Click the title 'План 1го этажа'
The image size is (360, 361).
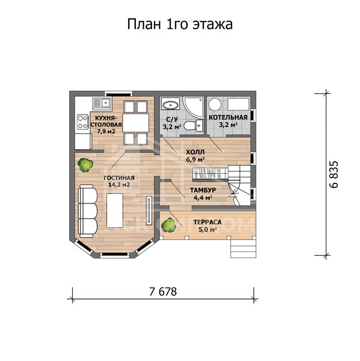[x=180, y=24]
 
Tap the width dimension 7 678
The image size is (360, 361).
[x=162, y=292]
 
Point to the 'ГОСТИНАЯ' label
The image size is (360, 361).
[x=118, y=178]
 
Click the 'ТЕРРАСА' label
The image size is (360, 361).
[x=207, y=222]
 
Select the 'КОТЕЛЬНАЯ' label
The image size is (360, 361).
[x=228, y=117]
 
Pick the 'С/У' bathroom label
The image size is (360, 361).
[x=171, y=119]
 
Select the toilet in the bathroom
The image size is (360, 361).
[x=190, y=125]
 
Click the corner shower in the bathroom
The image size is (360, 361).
[x=192, y=105]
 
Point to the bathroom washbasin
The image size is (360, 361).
[x=169, y=103]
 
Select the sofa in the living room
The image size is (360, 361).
[x=88, y=211]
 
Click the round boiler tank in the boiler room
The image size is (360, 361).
[x=215, y=103]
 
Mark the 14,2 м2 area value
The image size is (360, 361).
[x=118, y=185]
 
